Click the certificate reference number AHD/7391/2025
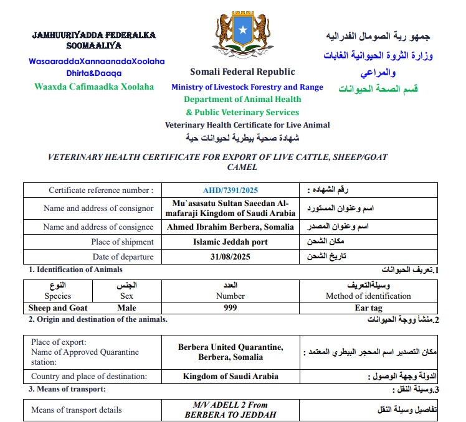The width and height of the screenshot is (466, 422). click(230, 190)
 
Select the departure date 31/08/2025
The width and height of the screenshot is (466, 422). click(230, 257)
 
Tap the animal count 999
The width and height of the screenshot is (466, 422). click(230, 307)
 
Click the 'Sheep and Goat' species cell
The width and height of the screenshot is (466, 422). click(58, 307)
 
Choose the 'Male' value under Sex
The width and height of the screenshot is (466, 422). click(126, 307)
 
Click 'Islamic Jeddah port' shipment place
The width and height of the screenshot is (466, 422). click(230, 242)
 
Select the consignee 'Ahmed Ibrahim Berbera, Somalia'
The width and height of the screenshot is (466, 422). click(230, 227)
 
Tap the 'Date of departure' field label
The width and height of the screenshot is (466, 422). click(123, 257)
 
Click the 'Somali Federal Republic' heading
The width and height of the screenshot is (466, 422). click(242, 72)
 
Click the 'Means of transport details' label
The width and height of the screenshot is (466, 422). click(77, 410)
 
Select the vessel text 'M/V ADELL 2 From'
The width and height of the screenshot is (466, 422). click(230, 405)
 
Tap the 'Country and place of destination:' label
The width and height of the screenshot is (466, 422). click(89, 376)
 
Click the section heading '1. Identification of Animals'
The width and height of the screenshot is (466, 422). click(75, 270)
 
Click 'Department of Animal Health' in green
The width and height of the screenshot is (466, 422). click(242, 99)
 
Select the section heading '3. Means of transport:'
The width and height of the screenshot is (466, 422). click(67, 389)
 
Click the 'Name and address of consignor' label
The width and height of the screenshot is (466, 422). click(98, 209)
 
